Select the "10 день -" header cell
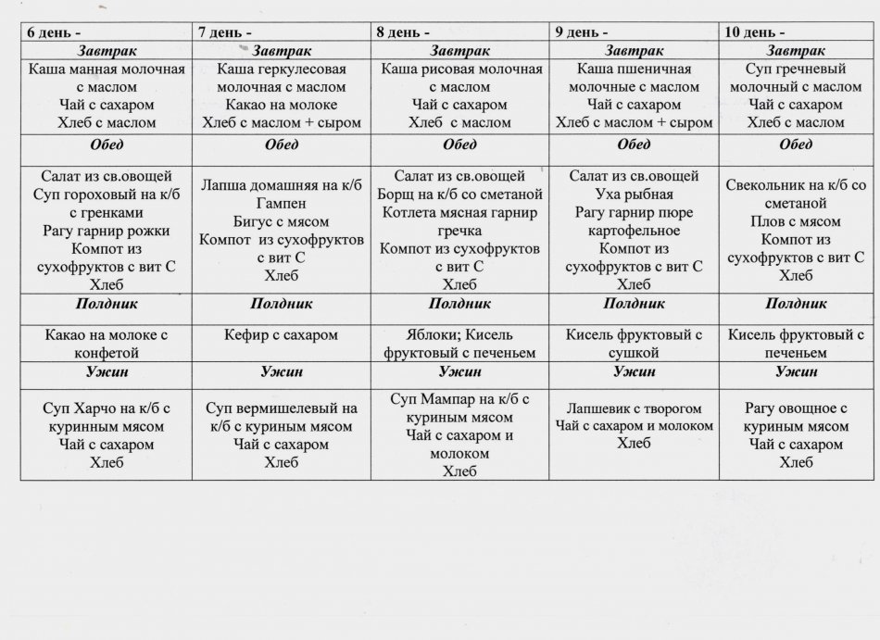tap(754, 31)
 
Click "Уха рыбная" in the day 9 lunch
tap(634, 195)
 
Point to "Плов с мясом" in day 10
tap(795, 221)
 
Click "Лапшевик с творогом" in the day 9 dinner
tap(634, 408)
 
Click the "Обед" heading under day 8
tap(459, 144)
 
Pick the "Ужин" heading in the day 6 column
tap(106, 371)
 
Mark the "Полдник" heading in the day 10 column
tap(796, 303)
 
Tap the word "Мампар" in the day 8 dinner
tap(446, 400)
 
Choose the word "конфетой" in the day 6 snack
tap(106, 352)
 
